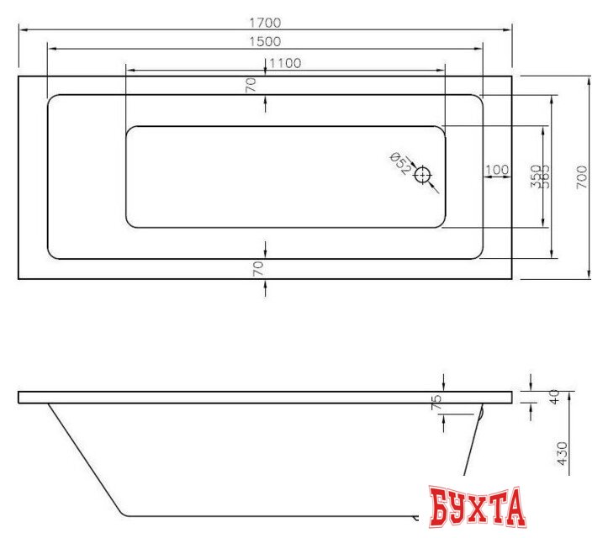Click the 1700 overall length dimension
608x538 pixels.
(265, 23)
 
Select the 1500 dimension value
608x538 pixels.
(265, 41)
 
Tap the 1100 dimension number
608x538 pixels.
(285, 63)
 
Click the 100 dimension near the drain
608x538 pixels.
(497, 170)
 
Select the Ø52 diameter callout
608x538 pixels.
(401, 163)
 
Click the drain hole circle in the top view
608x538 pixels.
(422, 176)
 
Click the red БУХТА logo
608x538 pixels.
(477, 507)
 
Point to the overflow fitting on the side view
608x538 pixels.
(480, 413)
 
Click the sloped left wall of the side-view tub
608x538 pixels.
(84, 458)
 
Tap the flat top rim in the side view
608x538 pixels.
(252, 398)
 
